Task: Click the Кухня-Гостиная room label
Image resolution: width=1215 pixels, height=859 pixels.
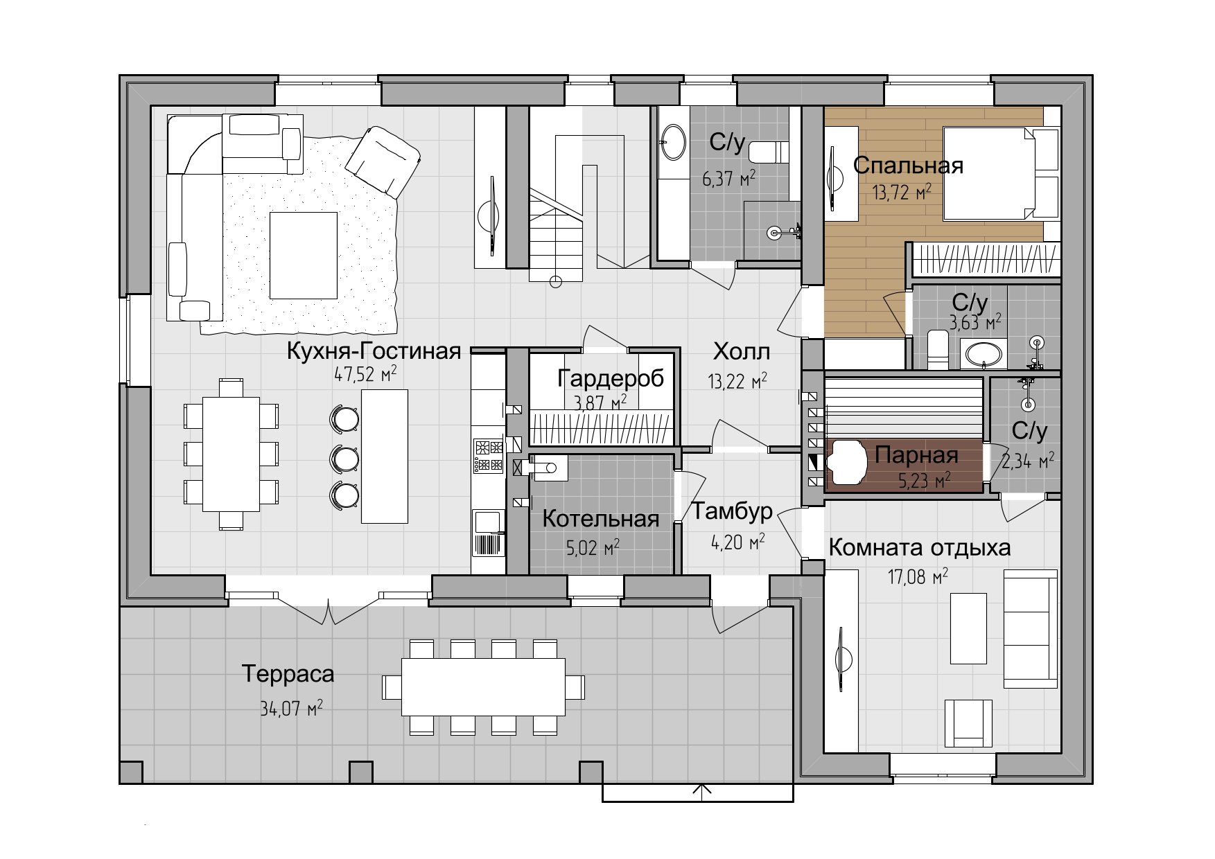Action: coord(374,351)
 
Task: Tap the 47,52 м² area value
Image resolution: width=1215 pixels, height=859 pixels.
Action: coord(366,375)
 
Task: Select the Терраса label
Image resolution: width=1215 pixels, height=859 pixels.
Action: coord(288,673)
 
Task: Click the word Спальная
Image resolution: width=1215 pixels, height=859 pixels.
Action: coord(908,166)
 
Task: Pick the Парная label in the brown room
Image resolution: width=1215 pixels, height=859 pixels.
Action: coord(916,455)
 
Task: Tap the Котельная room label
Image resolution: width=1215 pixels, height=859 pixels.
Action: coord(600,519)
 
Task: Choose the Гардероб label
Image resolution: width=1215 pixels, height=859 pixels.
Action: coord(611,378)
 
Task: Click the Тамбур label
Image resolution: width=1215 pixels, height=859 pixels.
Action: coord(733,513)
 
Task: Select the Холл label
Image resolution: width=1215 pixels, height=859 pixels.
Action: coord(742,352)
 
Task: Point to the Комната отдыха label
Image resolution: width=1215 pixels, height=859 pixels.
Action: coord(920,548)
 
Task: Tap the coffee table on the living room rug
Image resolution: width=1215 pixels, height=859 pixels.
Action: coord(304,255)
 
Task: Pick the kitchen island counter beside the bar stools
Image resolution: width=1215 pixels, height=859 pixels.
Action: coord(385,456)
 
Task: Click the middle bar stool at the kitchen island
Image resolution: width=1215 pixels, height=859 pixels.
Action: coord(344,457)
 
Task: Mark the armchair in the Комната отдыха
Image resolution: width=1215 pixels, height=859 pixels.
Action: coord(968,722)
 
